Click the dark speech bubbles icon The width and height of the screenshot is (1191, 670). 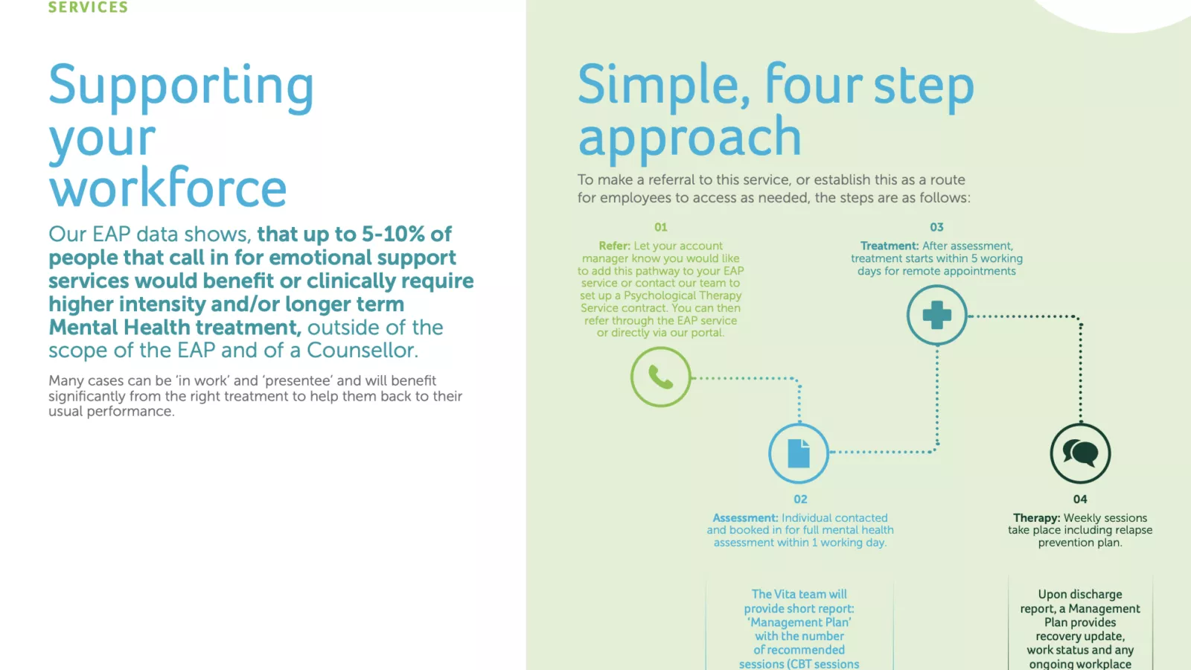[x=1080, y=453]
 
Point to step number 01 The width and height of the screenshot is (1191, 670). [x=660, y=227]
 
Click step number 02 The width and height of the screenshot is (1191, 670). [x=800, y=500]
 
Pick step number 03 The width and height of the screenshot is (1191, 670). [x=936, y=227]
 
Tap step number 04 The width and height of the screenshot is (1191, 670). [x=1080, y=500]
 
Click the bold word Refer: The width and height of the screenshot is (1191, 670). [x=614, y=246]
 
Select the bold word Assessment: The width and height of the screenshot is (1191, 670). [x=745, y=518]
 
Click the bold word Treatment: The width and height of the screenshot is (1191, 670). [x=890, y=246]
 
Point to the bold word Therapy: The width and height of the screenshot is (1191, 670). [x=1036, y=518]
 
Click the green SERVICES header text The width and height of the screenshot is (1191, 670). [x=89, y=7]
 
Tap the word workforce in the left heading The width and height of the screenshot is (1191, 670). [x=167, y=187]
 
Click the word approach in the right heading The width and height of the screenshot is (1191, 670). [x=689, y=137]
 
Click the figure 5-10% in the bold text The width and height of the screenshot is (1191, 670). [x=394, y=234]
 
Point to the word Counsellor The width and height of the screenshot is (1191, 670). [x=362, y=350]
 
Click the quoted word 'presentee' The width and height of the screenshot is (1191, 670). [x=297, y=380]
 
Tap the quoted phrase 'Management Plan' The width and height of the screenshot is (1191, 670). [x=799, y=622]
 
